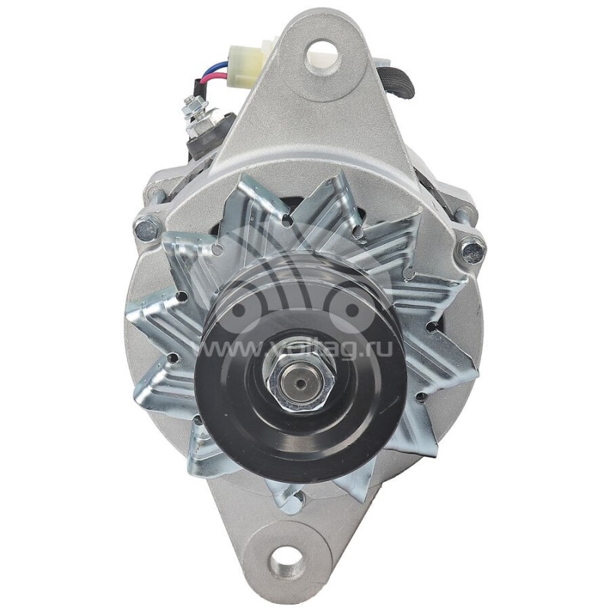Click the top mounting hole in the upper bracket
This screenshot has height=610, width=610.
[x=322, y=52]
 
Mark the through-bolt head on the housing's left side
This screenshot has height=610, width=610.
[x=146, y=226]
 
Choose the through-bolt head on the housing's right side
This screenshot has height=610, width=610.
[x=472, y=246]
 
